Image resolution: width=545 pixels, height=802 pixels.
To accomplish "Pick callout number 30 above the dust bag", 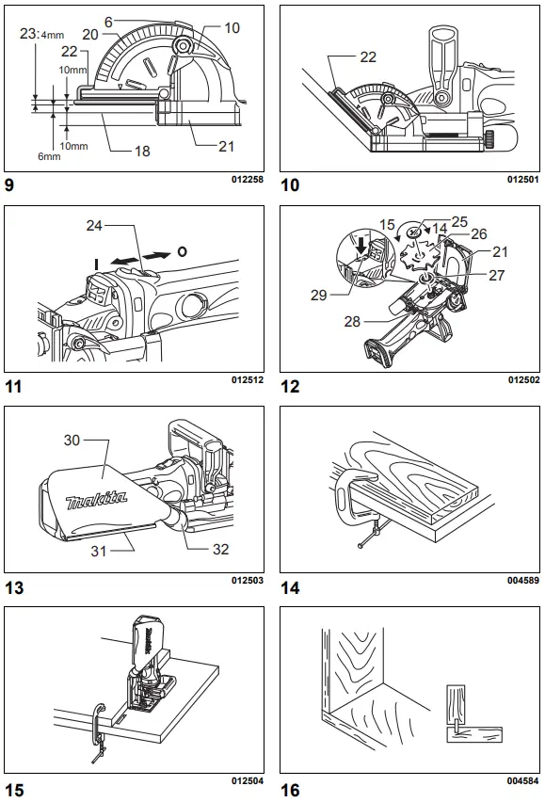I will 73,440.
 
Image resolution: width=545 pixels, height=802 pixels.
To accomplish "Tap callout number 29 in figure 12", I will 319,295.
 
